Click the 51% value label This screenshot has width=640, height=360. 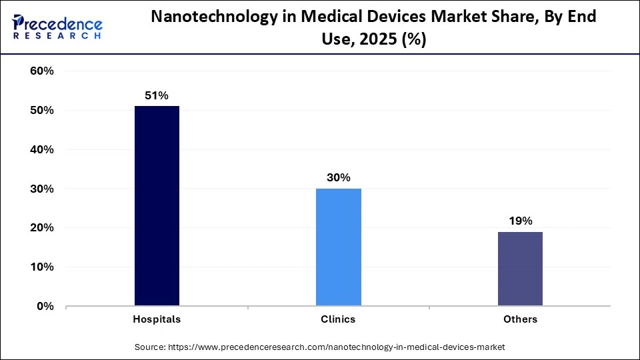[157, 96]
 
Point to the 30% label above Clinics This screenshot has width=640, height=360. [338, 178]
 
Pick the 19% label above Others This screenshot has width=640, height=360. [520, 221]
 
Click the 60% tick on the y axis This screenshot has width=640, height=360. [42, 71]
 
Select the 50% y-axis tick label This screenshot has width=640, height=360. [42, 111]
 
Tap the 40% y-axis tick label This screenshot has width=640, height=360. [42, 150]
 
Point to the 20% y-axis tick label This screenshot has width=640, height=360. [42, 228]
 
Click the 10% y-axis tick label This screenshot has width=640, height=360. [42, 267]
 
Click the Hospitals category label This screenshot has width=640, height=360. [157, 319]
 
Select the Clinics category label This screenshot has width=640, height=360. [338, 319]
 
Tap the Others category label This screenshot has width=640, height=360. [520, 319]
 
